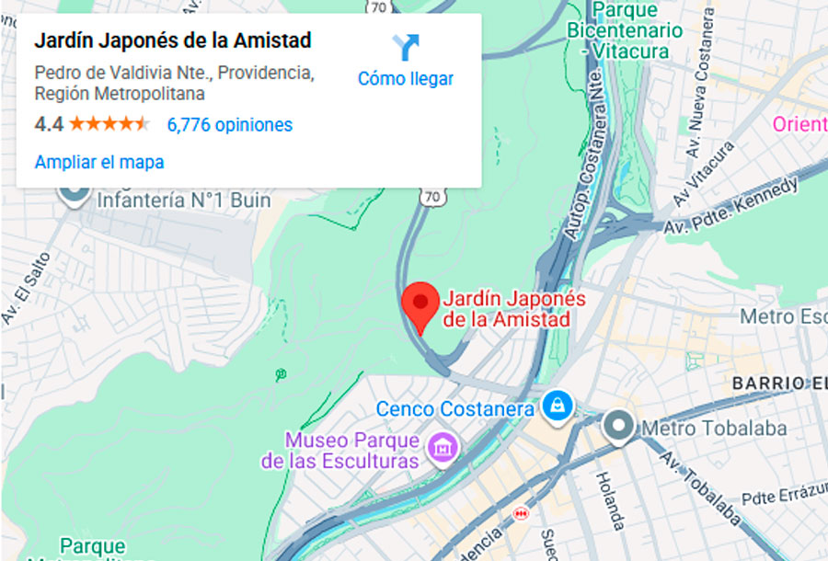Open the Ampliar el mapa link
[99, 163]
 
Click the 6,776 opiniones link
[229, 125]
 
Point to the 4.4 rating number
[48, 124]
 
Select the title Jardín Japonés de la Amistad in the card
[173, 41]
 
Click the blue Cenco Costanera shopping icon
[556, 405]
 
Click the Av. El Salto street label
[25, 286]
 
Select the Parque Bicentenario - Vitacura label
[638, 31]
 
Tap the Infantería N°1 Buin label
[183, 200]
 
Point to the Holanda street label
[610, 500]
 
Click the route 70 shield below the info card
[432, 197]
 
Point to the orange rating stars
[109, 124]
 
